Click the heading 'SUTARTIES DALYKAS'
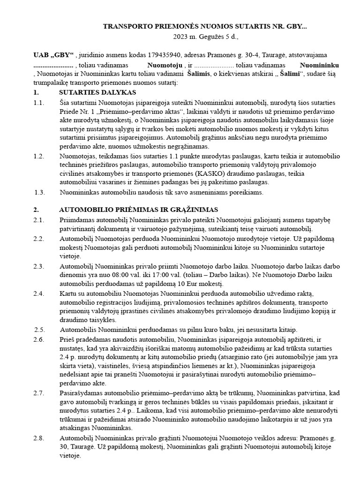click(x=97, y=92)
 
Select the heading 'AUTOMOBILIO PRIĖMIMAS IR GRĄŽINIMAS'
click(x=138, y=209)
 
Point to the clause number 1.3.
click(x=40, y=192)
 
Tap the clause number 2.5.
click(x=40, y=329)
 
